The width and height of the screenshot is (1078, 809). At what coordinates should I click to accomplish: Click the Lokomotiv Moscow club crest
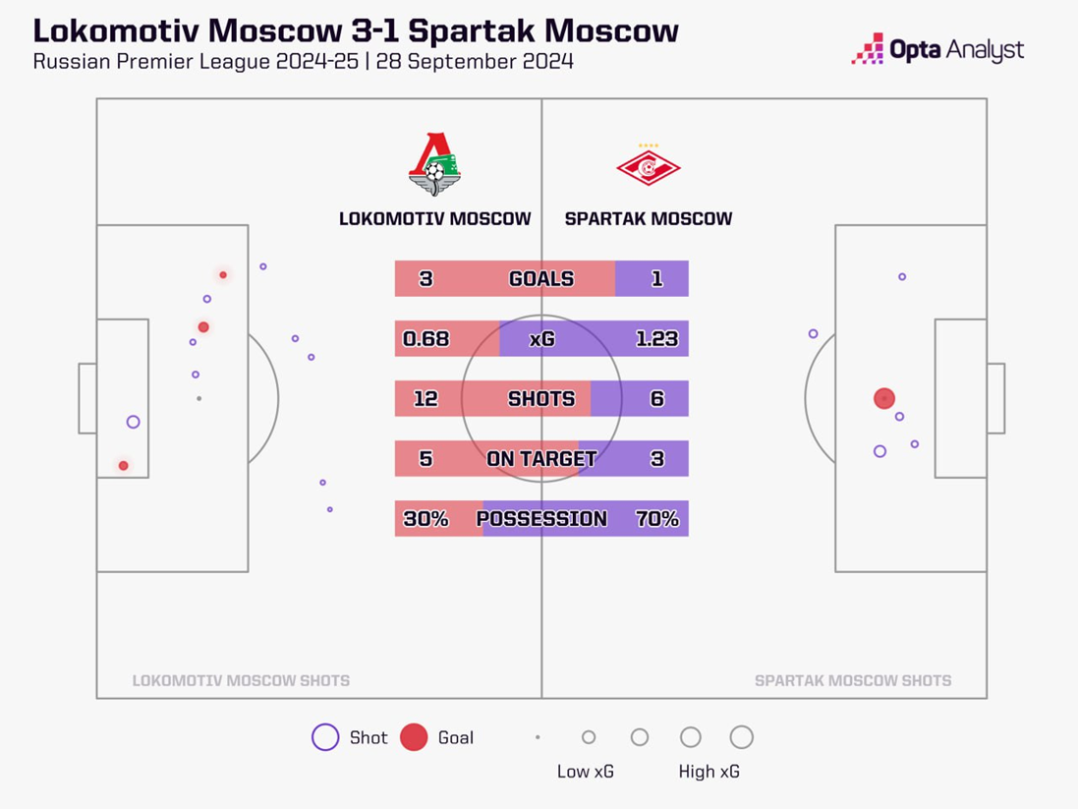pos(434,164)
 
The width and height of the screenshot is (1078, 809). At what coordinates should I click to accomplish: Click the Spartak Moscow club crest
pos(648,167)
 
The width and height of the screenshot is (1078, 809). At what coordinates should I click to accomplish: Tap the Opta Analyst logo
pos(937,50)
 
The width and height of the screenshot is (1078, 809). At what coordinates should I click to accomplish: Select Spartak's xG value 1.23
pos(656,339)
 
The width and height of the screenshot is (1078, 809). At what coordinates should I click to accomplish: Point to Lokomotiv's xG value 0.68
pos(426,339)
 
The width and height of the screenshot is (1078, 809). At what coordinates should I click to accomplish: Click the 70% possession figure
pos(656,519)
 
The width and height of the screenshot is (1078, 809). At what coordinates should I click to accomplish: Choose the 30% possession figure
pos(426,519)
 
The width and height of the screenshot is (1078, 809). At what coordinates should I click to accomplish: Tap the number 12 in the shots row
pos(426,399)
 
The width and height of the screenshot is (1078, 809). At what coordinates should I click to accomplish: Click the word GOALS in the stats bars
pos(540,279)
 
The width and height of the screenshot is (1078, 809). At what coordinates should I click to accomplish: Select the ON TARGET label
pos(540,459)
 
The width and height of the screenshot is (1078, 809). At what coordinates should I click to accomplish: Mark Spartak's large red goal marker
pos(884,398)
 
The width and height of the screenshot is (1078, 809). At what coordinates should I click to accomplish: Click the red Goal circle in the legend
pos(414,737)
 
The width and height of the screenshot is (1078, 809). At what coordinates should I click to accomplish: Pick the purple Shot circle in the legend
pos(325,737)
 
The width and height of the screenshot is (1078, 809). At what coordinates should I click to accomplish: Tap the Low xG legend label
pos(585,772)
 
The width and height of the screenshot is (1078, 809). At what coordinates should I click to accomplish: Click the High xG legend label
pos(709,772)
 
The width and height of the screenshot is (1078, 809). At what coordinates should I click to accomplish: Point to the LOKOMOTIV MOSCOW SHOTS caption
pos(241,680)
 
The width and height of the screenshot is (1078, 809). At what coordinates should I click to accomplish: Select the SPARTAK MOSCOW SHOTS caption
pos(852,680)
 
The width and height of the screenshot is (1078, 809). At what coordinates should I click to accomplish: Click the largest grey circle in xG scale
pos(742,737)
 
